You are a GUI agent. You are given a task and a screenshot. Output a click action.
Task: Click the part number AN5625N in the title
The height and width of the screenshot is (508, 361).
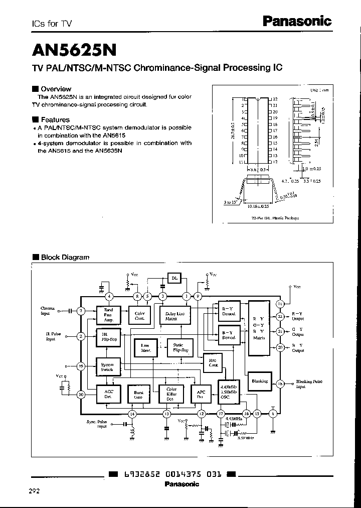point(75,50)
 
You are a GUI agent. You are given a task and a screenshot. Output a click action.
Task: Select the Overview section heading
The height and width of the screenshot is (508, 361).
point(56,89)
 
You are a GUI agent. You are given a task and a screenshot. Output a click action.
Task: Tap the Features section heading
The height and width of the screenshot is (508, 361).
point(55,119)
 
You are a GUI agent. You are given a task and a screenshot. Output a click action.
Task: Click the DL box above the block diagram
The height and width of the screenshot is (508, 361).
point(174,278)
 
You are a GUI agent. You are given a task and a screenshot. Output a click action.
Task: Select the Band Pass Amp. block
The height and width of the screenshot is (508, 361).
point(108,315)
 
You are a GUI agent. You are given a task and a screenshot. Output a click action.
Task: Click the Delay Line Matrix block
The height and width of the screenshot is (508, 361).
point(174,316)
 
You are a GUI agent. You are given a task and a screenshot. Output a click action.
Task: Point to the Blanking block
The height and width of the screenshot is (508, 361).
point(260,381)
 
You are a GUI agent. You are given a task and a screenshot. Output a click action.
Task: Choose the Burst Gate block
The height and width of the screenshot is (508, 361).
point(138,394)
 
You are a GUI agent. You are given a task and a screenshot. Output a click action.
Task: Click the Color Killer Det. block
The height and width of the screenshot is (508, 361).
point(171,394)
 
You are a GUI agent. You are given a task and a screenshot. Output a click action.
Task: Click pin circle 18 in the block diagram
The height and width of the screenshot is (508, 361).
point(280,384)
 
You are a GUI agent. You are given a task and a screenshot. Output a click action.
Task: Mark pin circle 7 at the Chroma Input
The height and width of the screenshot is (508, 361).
point(81,311)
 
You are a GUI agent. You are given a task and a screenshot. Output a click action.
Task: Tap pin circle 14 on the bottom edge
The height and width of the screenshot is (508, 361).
point(132,414)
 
